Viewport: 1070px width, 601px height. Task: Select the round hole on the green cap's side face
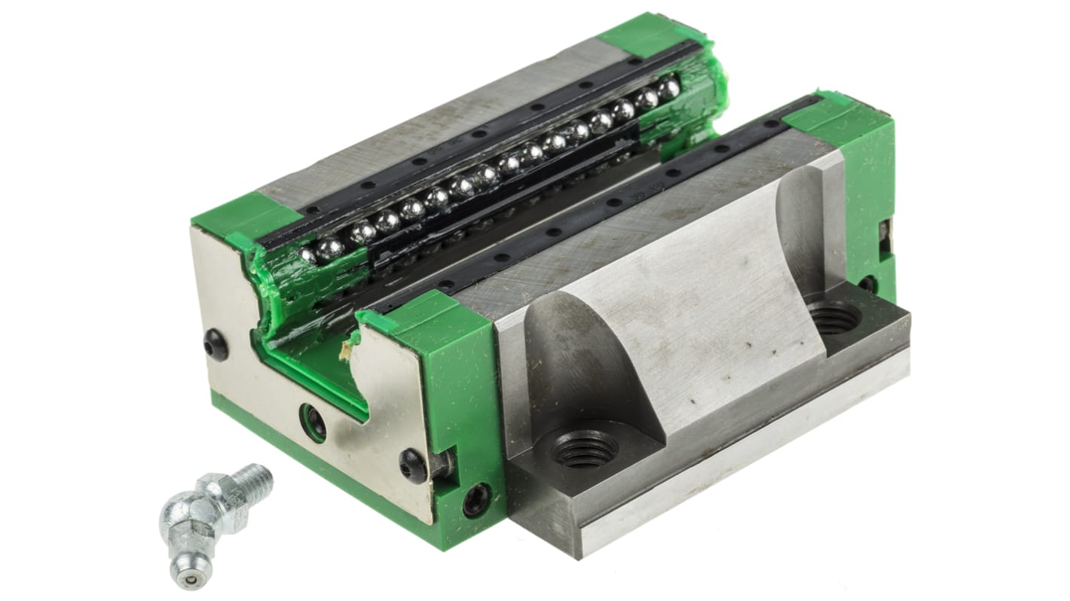coord(477,499)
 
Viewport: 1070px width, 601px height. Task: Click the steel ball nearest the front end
coord(308,255)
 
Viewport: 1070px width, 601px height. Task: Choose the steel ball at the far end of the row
coord(668,90)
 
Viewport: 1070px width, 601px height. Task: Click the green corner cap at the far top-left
coord(640,34)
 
